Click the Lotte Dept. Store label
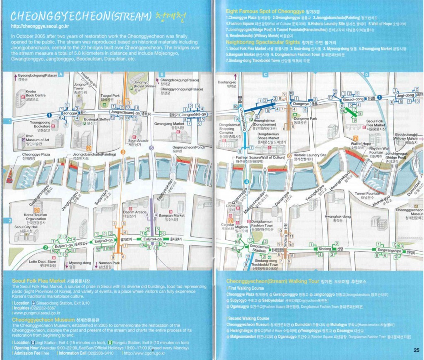pyautogui.click(x=43, y=262)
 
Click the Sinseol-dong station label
pyautogui.click(x=352, y=99)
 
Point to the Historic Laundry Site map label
pyautogui.click(x=310, y=155)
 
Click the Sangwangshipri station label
pyautogui.click(x=388, y=250)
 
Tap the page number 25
pyautogui.click(x=416, y=350)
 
